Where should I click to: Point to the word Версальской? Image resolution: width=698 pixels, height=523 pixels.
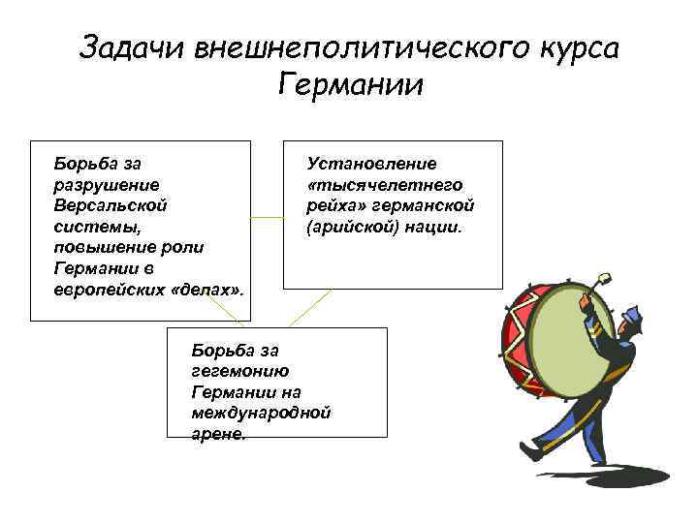point(111,204)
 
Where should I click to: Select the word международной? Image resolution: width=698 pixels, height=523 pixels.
point(262,413)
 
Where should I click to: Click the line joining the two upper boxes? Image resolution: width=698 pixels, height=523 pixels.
point(267,218)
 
